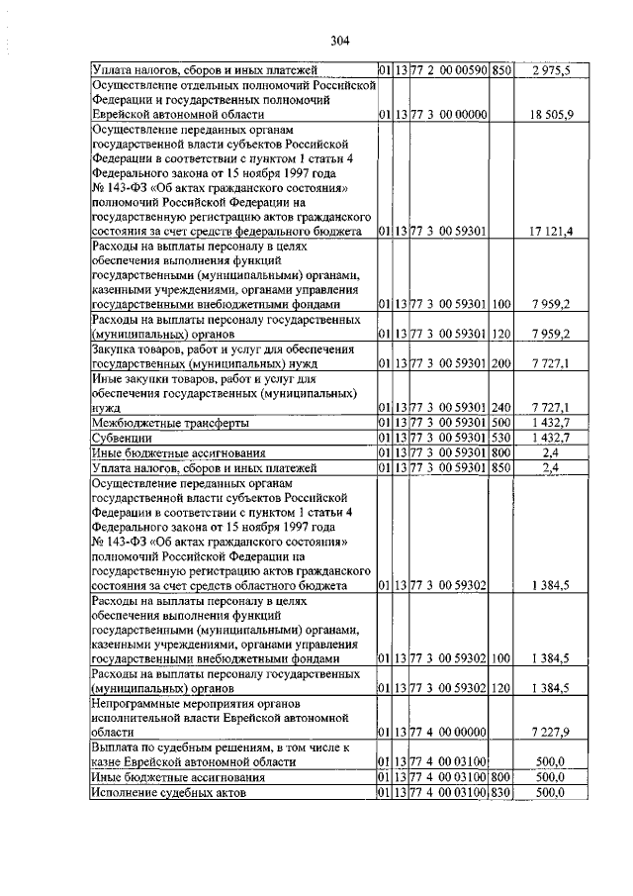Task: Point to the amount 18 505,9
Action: [550, 115]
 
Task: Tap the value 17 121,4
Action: [550, 231]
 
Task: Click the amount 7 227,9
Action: [550, 731]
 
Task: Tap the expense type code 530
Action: [500, 436]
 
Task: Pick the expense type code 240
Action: [500, 407]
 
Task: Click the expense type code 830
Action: [500, 792]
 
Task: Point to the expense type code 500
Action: [500, 422]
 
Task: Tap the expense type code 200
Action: [500, 363]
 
